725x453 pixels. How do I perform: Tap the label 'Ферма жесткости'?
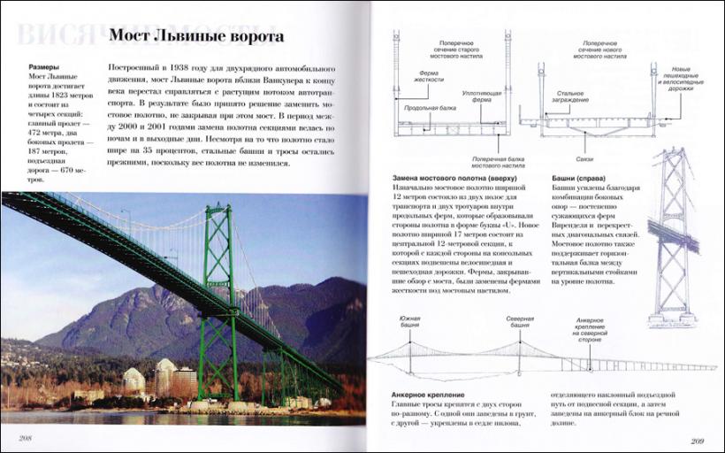428,78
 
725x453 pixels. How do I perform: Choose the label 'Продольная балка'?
424,109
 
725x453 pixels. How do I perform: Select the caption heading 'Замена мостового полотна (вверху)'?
462,178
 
